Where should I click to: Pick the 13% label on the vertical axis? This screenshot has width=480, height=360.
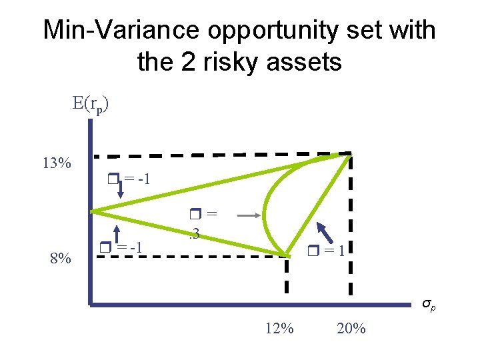[57, 163]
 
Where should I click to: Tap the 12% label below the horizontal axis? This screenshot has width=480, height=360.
[279, 328]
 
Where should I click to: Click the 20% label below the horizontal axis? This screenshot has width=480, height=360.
[351, 328]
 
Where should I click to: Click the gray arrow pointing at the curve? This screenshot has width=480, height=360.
[248, 215]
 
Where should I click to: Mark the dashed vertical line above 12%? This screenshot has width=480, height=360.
[287, 277]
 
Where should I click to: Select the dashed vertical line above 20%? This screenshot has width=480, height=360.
[351, 227]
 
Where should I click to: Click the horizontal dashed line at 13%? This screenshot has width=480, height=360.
[220, 156]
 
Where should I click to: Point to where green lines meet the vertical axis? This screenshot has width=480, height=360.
[93, 211]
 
